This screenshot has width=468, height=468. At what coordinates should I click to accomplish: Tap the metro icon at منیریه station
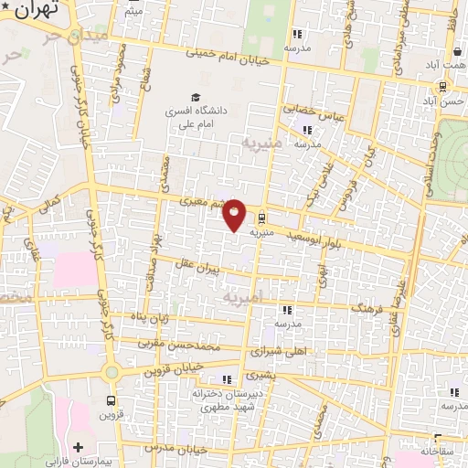click(x=262, y=218)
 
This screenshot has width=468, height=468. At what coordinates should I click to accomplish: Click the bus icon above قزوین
click(x=112, y=400)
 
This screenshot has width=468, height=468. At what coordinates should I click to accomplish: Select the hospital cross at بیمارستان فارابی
click(x=78, y=447)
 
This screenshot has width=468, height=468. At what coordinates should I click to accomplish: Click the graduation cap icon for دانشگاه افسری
click(x=195, y=97)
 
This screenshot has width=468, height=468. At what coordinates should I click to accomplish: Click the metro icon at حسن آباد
click(x=442, y=87)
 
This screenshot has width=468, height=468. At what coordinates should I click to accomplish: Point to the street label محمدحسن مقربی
click(x=180, y=346)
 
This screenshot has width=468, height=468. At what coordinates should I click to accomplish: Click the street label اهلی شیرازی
click(x=282, y=351)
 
